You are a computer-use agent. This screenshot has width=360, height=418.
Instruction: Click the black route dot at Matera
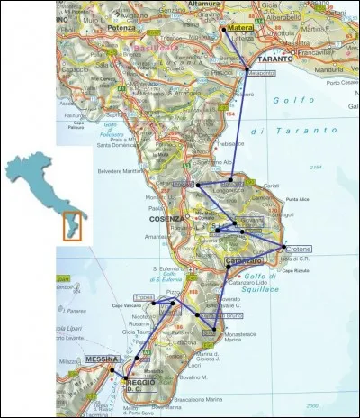click(221, 29)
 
